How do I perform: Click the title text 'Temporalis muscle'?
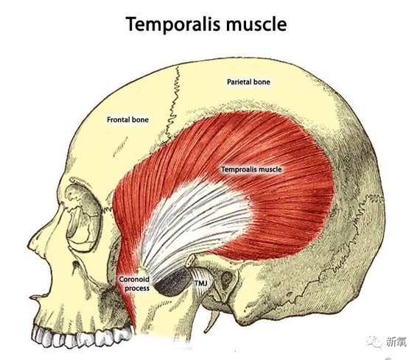click(206, 24)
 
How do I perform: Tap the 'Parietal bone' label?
click(248, 82)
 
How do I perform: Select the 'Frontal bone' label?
click(127, 120)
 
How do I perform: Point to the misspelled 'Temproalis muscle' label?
click(251, 169)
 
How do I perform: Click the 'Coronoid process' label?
click(134, 283)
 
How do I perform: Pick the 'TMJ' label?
click(200, 283)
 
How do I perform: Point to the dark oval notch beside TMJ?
click(172, 283)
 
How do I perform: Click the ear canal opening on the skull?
click(227, 278)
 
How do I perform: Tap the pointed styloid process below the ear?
click(213, 321)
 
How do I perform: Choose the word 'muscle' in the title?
click(256, 24)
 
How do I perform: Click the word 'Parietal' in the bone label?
click(237, 82)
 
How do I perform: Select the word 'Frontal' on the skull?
click(119, 120)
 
